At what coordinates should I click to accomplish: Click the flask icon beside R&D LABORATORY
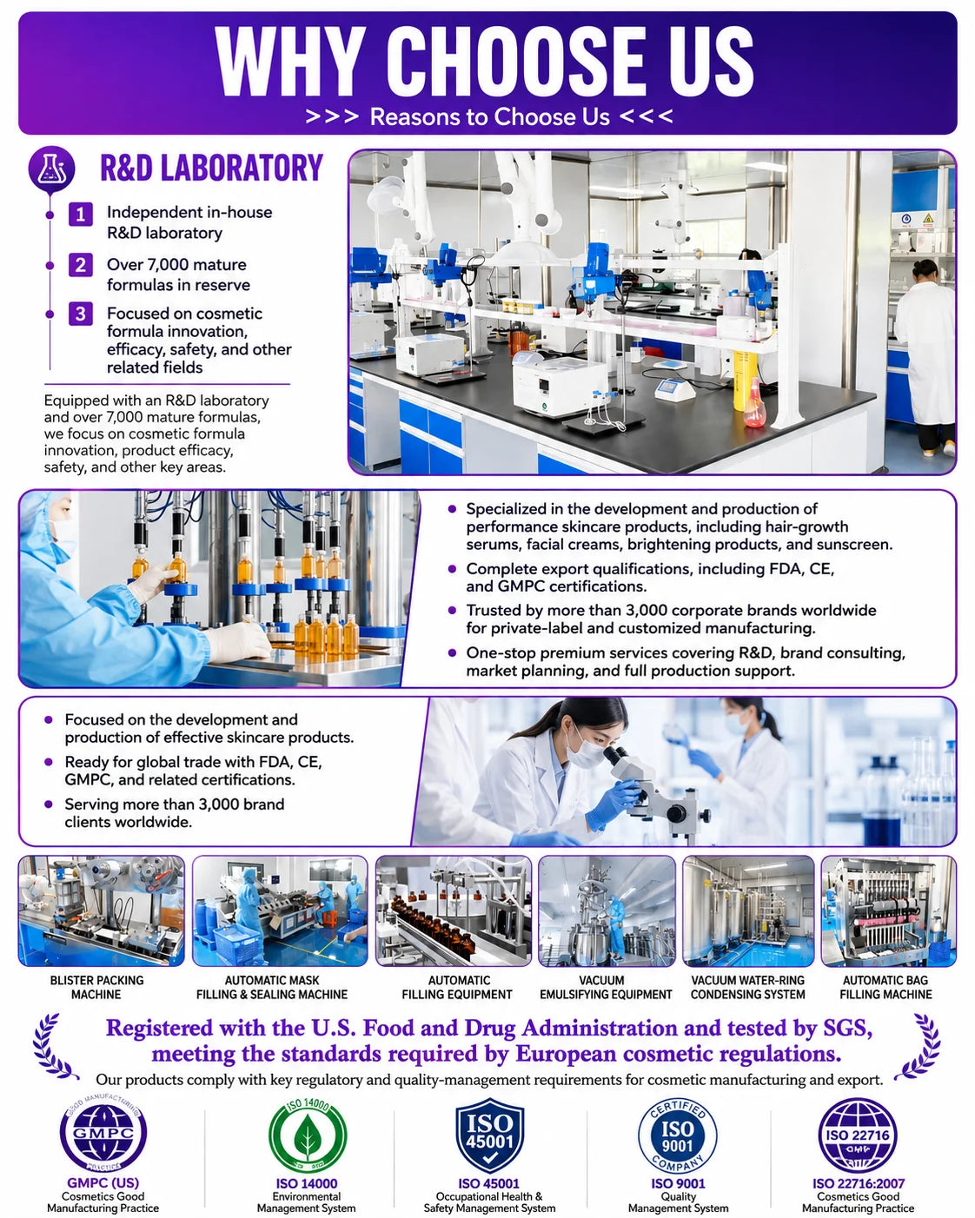[x=51, y=169]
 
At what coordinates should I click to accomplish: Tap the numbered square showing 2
[x=81, y=265]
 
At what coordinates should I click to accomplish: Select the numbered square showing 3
[x=81, y=314]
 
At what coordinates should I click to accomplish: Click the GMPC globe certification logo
[x=103, y=1133]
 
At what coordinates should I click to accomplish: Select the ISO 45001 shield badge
[x=490, y=1135]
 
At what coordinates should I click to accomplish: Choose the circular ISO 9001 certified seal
[x=678, y=1135]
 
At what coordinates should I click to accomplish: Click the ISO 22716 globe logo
[x=858, y=1135]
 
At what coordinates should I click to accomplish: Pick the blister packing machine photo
[x=102, y=910]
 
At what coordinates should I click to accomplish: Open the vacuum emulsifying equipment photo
[x=607, y=910]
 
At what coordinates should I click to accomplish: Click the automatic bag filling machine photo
[x=888, y=910]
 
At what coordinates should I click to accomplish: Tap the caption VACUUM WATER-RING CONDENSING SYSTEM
[x=747, y=987]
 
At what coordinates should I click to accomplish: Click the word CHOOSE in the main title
[x=518, y=62]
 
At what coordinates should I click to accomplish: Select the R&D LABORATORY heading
[x=212, y=168]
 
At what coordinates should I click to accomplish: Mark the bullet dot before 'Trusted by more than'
[x=452, y=610]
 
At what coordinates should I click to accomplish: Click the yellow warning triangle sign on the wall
[x=928, y=218]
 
